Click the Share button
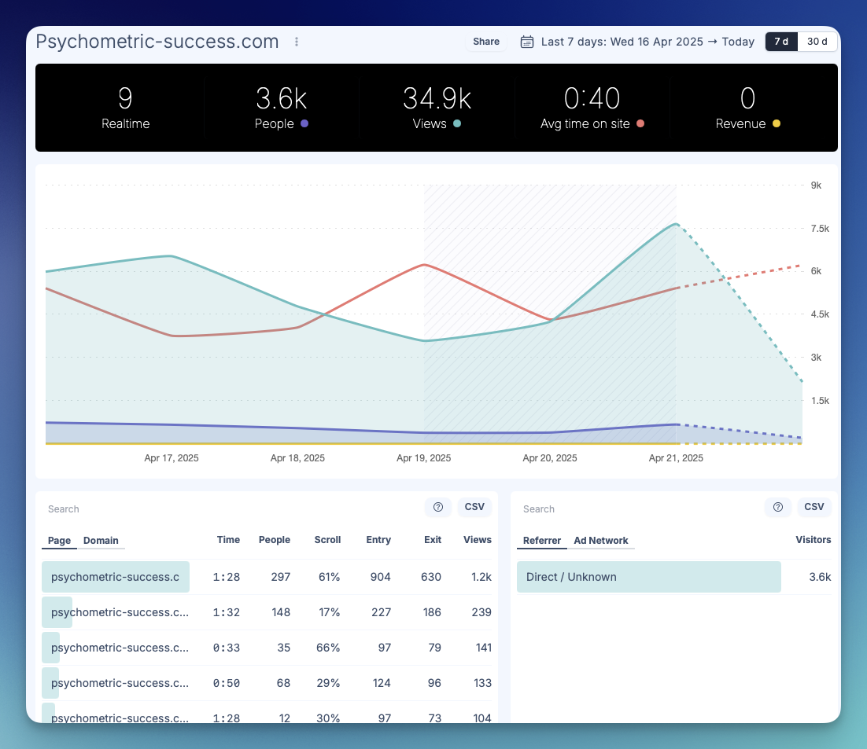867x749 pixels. click(486, 42)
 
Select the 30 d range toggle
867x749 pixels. click(817, 42)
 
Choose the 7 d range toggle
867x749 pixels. click(781, 42)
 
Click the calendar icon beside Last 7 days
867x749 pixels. click(527, 42)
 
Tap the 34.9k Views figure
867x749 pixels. click(437, 98)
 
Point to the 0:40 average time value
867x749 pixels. click(592, 98)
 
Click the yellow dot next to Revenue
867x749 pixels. click(777, 123)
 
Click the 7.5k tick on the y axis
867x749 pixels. click(820, 229)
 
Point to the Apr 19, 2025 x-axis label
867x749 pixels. click(423, 457)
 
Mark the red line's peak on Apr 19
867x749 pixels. click(425, 265)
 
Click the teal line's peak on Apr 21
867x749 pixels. click(676, 224)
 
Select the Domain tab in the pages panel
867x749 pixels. click(101, 540)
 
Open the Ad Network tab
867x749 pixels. click(600, 540)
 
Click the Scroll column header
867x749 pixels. click(327, 540)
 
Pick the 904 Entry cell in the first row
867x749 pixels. click(381, 577)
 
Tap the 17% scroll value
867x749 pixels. click(329, 612)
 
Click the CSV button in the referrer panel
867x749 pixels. click(814, 507)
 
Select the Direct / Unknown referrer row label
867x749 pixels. click(571, 577)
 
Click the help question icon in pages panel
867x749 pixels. click(438, 507)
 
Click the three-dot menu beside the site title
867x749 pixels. click(297, 42)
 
